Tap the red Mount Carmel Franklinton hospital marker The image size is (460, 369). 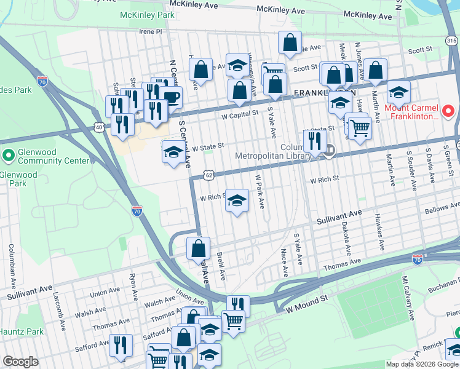448,112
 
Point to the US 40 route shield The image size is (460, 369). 99,127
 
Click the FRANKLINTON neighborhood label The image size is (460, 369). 316,93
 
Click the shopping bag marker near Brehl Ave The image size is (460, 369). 198,248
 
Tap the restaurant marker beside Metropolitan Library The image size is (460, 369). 314,141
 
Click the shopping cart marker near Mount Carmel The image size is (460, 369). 360,127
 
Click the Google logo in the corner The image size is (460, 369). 21,362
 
